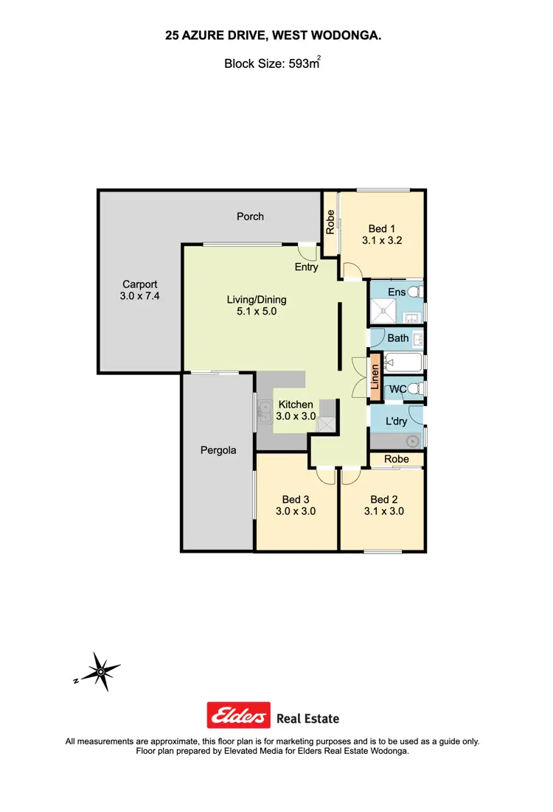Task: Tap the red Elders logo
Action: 238,715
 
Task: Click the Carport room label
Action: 139,284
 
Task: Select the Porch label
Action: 250,216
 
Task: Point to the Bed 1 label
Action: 382,229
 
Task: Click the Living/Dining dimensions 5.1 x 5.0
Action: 256,312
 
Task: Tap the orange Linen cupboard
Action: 375,377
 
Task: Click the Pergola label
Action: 218,449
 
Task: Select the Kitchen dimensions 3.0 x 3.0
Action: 296,416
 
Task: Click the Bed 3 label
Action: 296,500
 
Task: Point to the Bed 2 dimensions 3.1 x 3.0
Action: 383,511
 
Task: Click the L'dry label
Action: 397,422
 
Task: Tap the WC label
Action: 397,388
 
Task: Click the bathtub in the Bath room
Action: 403,363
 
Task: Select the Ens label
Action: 397,293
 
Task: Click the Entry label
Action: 306,267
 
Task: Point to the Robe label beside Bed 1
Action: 330,222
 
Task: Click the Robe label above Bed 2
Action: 397,459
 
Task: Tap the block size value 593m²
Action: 303,64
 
